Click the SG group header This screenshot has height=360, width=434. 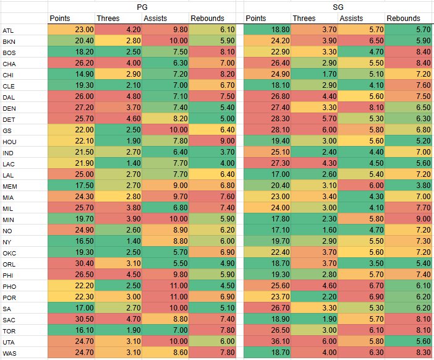pyautogui.click(x=338, y=6)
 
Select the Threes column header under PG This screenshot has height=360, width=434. pyautogui.click(x=117, y=19)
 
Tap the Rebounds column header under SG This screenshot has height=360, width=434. pyautogui.click(x=407, y=19)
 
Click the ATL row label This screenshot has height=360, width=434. pyautogui.click(x=9, y=30)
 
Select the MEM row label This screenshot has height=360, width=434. pyautogui.click(x=10, y=186)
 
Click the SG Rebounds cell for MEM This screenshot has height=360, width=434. pyautogui.click(x=409, y=186)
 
